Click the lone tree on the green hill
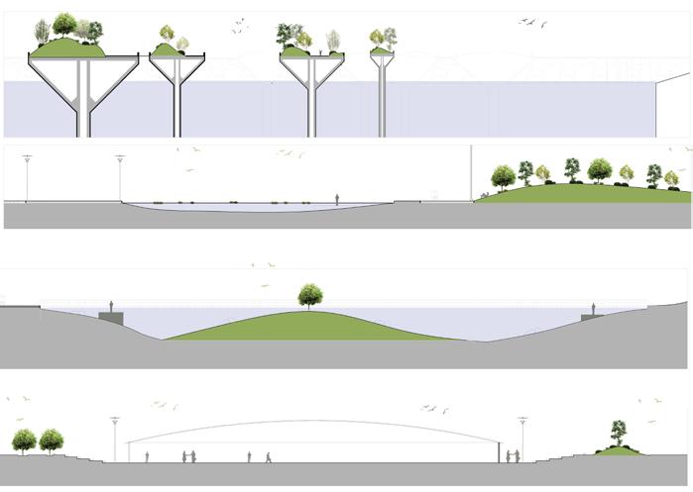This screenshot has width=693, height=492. tap(309, 295)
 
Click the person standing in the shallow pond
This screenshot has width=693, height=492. tap(337, 199)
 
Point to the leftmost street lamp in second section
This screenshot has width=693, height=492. tap(27, 178)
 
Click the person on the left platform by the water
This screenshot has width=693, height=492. tap(112, 306)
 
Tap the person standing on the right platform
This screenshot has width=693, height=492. tap(594, 309)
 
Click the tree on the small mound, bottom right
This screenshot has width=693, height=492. tap(619, 433)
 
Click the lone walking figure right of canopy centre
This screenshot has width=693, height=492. tap(268, 457)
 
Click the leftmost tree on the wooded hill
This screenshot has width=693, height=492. tap(503, 177)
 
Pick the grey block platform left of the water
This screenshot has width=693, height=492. tap(112, 317)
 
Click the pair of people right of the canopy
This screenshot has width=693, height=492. tap(512, 456)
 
